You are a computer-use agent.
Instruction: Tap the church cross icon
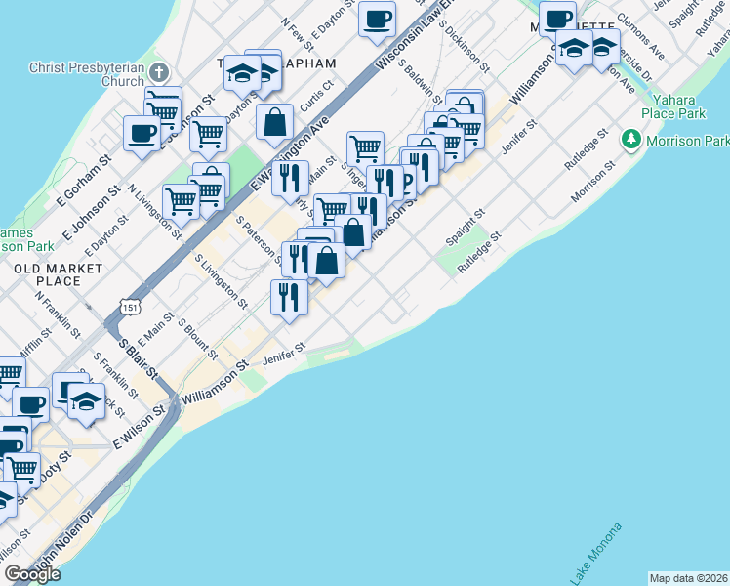pyautogui.click(x=161, y=71)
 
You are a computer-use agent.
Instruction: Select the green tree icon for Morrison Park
pyautogui.click(x=632, y=141)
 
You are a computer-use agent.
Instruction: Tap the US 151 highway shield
pyautogui.click(x=128, y=307)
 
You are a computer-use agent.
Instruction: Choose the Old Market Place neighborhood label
pyautogui.click(x=59, y=274)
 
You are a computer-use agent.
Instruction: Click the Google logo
pyautogui.click(x=31, y=574)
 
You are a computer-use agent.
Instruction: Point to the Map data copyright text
pyautogui.click(x=689, y=578)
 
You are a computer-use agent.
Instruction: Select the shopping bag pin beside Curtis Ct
pyautogui.click(x=275, y=123)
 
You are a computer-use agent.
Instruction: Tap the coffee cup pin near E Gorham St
pyautogui.click(x=142, y=134)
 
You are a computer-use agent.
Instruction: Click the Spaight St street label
pyautogui.click(x=466, y=226)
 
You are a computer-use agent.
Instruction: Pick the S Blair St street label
pyautogui.click(x=138, y=357)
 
